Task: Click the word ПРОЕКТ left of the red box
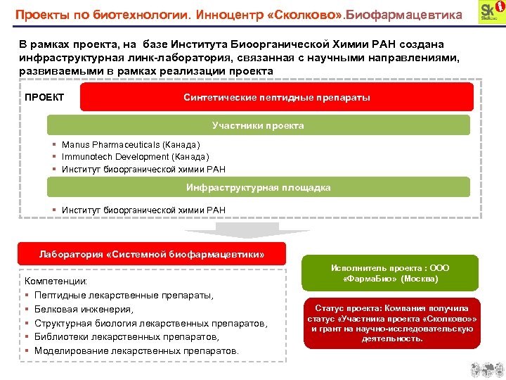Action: tap(44, 97)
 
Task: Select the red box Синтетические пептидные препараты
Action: tap(276, 97)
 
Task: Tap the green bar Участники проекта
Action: tap(258, 125)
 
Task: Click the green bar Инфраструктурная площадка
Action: tap(258, 187)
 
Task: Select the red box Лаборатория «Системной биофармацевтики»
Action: tap(152, 254)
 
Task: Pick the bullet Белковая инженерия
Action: tap(84, 309)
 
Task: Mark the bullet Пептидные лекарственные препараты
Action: tap(124, 295)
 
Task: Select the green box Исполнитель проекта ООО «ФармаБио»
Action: tap(390, 273)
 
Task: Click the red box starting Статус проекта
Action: tap(391, 324)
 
